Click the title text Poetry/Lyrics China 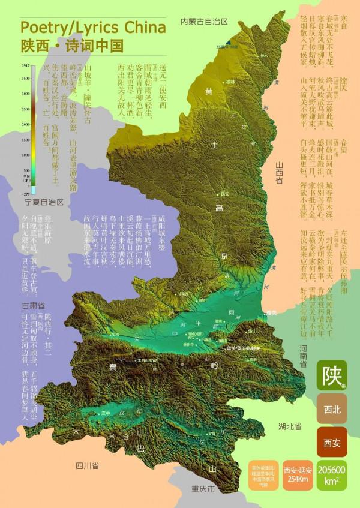point(93,28)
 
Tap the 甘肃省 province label point(33,305)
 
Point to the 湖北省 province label point(290,426)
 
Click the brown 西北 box point(332,410)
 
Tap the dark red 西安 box point(332,443)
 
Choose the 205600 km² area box point(331,474)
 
